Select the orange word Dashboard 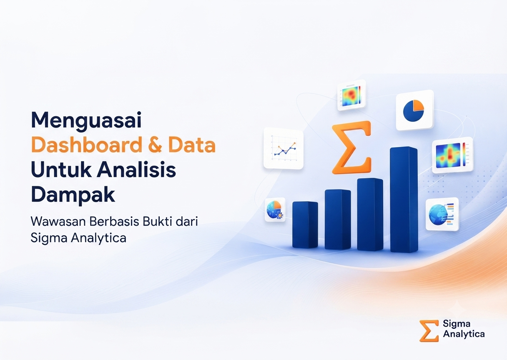pyautogui.click(x=86, y=145)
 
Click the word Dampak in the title pyautogui.click(x=73, y=195)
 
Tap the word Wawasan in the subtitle pyautogui.click(x=58, y=222)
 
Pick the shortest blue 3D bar pyautogui.click(x=305, y=225)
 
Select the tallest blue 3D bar pyautogui.click(x=404, y=200)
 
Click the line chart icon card pyautogui.click(x=284, y=148)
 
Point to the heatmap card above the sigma pyautogui.click(x=351, y=95)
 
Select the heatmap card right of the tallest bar pyautogui.click(x=452, y=155)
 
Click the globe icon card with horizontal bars pyautogui.click(x=442, y=214)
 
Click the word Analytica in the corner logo pyautogui.click(x=464, y=335)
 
